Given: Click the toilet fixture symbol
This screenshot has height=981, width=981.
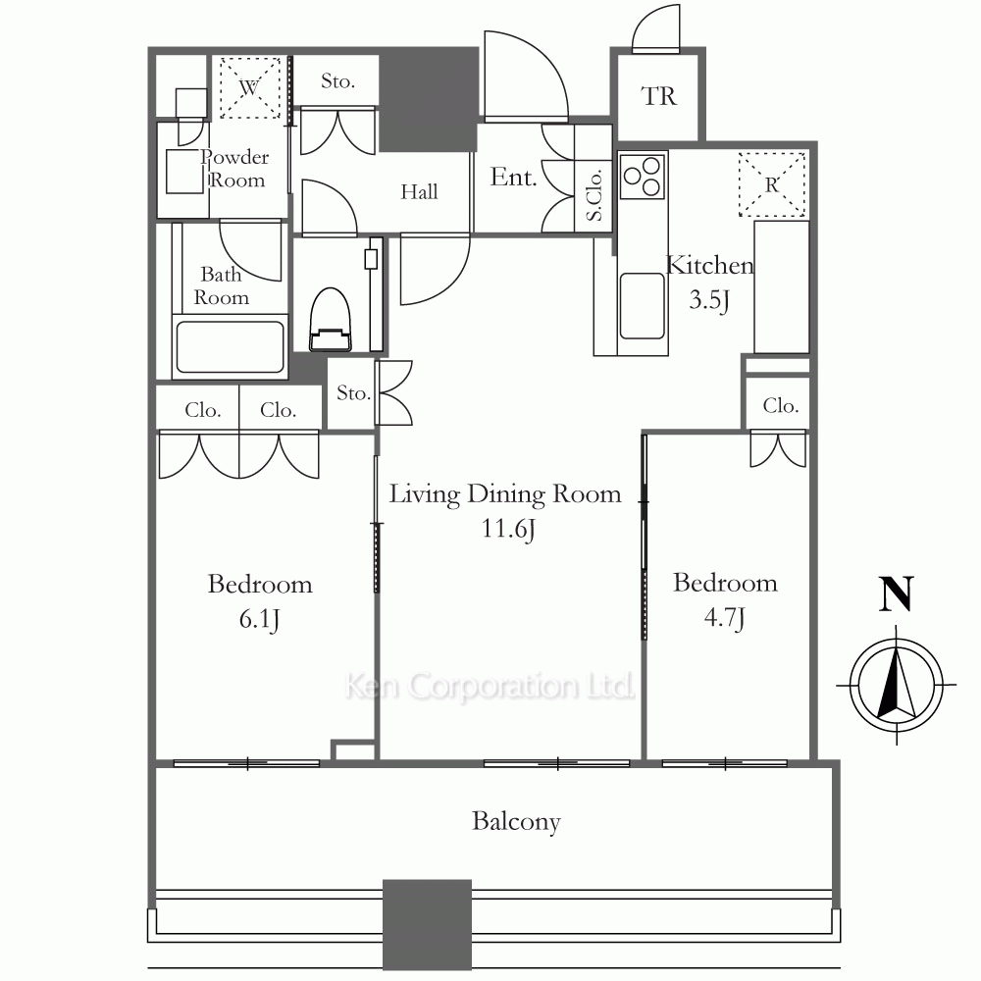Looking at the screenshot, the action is tap(331, 319).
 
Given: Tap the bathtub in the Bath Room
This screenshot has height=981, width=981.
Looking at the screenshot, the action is tap(231, 347).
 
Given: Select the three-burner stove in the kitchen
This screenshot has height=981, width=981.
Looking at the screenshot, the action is tap(642, 176).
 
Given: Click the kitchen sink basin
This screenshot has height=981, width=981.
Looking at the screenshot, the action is tap(642, 306).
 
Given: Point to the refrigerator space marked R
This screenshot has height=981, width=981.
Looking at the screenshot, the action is tap(772, 184).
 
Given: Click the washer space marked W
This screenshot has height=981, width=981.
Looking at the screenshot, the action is tap(249, 87).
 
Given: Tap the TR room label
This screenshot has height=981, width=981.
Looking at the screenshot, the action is tap(659, 96).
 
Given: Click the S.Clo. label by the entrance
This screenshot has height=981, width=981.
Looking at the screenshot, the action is tap(594, 195).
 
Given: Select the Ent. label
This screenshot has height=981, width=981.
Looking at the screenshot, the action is tap(513, 177).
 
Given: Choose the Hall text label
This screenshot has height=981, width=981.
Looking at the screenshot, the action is tap(419, 191).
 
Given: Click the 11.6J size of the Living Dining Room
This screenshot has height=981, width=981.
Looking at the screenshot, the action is tap(508, 529).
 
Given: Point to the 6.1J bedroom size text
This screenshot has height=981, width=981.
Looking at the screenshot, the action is tap(259, 619).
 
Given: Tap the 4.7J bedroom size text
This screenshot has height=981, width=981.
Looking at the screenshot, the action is tap(725, 617).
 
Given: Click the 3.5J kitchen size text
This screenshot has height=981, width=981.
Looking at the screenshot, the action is tap(709, 300).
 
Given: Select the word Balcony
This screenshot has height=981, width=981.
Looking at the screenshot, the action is tap(516, 822).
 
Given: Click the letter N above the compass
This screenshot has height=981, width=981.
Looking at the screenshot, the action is tap(896, 594).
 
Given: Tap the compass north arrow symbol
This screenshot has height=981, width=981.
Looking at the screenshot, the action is tap(896, 685).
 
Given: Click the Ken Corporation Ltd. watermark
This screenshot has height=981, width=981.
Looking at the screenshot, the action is tap(490, 686).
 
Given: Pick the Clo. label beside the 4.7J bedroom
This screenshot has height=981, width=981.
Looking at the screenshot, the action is tap(781, 405).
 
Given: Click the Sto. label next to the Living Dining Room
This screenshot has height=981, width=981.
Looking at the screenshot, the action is tap(353, 393).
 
